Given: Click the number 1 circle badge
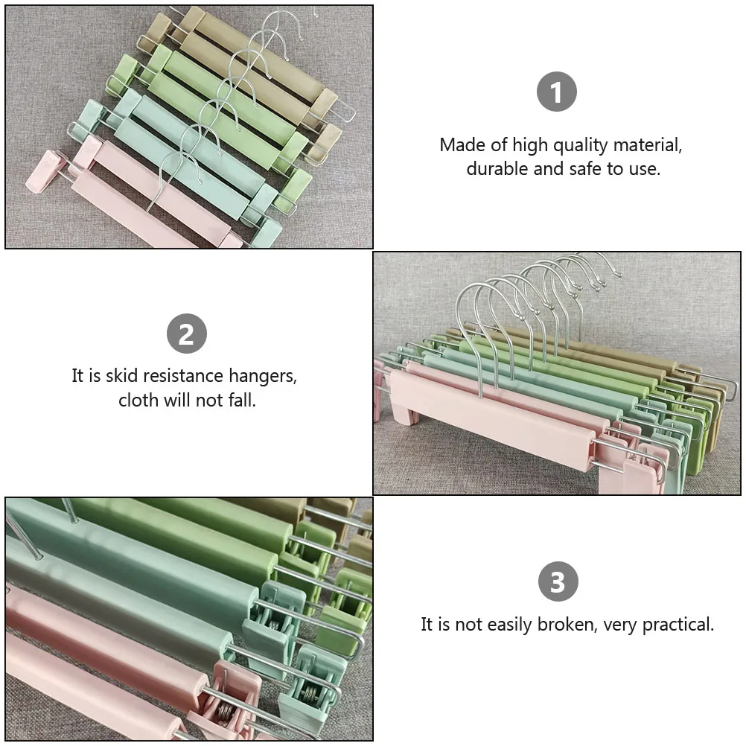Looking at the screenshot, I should click(x=557, y=92).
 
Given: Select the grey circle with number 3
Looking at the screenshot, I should click(x=558, y=582).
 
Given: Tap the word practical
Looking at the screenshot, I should click(x=676, y=624).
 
